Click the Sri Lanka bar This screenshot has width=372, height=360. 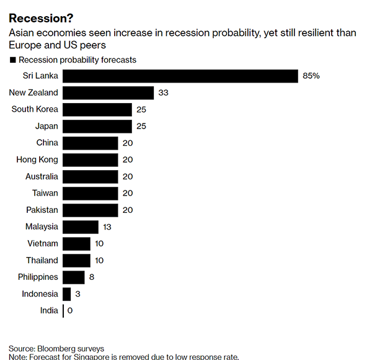click(x=180, y=76)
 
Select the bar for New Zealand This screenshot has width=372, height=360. click(x=108, y=92)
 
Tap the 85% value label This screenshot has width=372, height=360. click(x=311, y=76)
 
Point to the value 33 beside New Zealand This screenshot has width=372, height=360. click(x=164, y=92)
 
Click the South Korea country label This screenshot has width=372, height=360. click(x=35, y=109)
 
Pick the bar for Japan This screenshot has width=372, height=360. click(x=97, y=126)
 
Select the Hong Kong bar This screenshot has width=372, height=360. click(x=91, y=160)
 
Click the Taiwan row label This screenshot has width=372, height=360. click(x=45, y=193)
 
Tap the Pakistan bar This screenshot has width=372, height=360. click(x=91, y=210)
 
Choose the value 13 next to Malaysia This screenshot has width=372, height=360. click(x=107, y=227)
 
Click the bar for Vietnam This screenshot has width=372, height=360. click(x=77, y=243)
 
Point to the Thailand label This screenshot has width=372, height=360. click(x=42, y=260)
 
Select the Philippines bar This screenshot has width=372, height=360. click(x=74, y=277)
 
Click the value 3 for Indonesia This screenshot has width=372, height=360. click(x=77, y=294)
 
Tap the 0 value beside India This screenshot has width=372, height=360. click(x=70, y=310)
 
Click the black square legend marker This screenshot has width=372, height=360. click(x=12, y=60)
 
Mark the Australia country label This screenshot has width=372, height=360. click(x=39, y=176)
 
